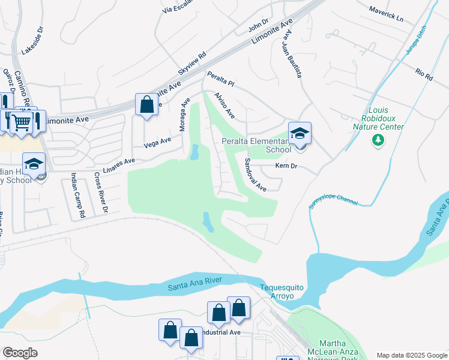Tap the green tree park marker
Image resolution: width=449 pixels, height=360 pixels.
click(x=378, y=140)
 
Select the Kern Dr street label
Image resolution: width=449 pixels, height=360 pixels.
click(x=286, y=166)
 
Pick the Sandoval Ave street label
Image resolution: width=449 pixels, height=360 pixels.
click(x=255, y=175)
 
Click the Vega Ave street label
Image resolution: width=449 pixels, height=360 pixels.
click(x=158, y=142)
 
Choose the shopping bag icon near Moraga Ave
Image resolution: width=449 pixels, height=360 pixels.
click(x=146, y=105)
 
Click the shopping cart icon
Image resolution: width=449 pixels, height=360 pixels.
click(x=22, y=122)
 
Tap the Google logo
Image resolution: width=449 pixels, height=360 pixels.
click(x=20, y=353)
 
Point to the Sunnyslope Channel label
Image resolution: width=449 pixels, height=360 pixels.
click(x=333, y=196)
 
